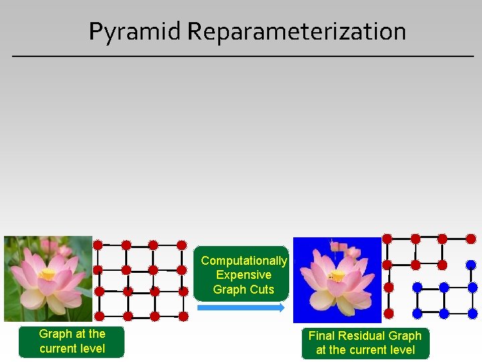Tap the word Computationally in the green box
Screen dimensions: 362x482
tap(244, 261)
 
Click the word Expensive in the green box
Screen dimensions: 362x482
tap(244, 275)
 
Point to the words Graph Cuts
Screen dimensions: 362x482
tap(244, 290)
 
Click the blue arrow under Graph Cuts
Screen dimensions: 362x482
tap(241, 308)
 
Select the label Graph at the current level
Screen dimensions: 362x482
tap(72, 341)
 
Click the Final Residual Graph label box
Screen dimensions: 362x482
tap(365, 343)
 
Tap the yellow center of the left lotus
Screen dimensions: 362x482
tap(48, 274)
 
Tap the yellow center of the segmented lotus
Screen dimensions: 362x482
tap(339, 276)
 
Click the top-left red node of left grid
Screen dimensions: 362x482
tap(98, 245)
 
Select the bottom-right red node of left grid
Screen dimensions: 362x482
tap(181, 316)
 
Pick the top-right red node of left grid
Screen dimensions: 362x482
tap(181, 245)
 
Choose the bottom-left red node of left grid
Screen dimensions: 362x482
tap(99, 316)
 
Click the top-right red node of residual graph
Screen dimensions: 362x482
tap(471, 239)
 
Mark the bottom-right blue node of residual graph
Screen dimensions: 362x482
tap(471, 313)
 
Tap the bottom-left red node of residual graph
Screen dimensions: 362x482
tap(388, 312)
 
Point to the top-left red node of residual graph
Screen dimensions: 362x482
tap(387, 239)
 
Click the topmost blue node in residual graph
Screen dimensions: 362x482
tap(471, 264)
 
